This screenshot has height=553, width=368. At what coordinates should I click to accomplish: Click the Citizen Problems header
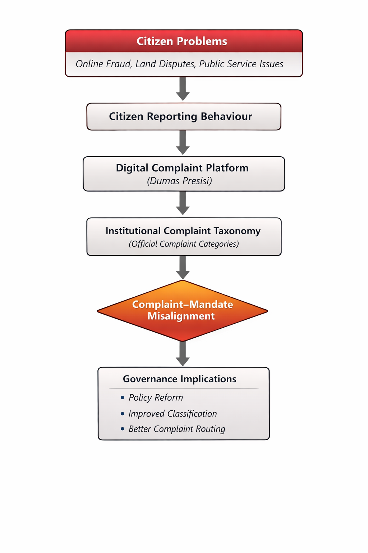point(182,41)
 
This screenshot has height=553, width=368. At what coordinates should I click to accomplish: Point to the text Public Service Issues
point(241,64)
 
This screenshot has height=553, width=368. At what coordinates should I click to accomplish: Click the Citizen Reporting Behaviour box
point(184,117)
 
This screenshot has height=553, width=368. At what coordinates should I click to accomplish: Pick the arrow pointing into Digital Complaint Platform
point(183,142)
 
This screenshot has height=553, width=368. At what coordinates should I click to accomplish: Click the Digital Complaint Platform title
point(182,168)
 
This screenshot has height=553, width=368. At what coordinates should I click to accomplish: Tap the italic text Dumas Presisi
point(180,181)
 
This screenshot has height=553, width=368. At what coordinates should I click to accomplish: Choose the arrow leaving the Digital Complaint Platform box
point(183,203)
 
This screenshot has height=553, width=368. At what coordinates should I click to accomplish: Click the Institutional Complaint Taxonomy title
point(183,231)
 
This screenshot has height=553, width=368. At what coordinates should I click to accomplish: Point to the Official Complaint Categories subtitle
point(184,244)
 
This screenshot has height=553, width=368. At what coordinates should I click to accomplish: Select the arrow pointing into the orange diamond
point(183,267)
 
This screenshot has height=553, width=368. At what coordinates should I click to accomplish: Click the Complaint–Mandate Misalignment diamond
point(183,310)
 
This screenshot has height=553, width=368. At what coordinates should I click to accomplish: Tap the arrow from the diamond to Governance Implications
point(183,354)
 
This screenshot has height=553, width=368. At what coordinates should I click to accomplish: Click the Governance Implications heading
point(180,379)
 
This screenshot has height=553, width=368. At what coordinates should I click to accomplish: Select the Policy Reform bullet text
point(156,397)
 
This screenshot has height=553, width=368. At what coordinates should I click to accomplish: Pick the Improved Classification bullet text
point(172,414)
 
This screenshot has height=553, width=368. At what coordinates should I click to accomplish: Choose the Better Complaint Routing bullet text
point(177,429)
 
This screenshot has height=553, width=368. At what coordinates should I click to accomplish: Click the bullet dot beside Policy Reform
point(123,397)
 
